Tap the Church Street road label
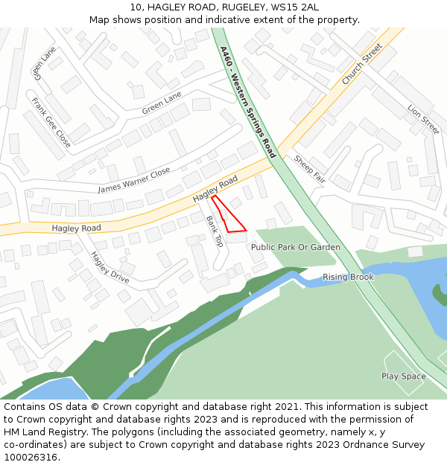(362, 65)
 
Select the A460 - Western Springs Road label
(248, 102)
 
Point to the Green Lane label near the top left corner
(44, 64)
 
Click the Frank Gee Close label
(51, 122)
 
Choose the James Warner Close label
(134, 180)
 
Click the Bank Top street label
(215, 231)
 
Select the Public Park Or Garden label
(296, 247)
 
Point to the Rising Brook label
(348, 278)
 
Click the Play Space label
(404, 376)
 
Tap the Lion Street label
(423, 120)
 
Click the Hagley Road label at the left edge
(76, 228)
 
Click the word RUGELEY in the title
(227, 7)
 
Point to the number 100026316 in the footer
(31, 458)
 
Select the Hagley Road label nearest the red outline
(215, 189)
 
